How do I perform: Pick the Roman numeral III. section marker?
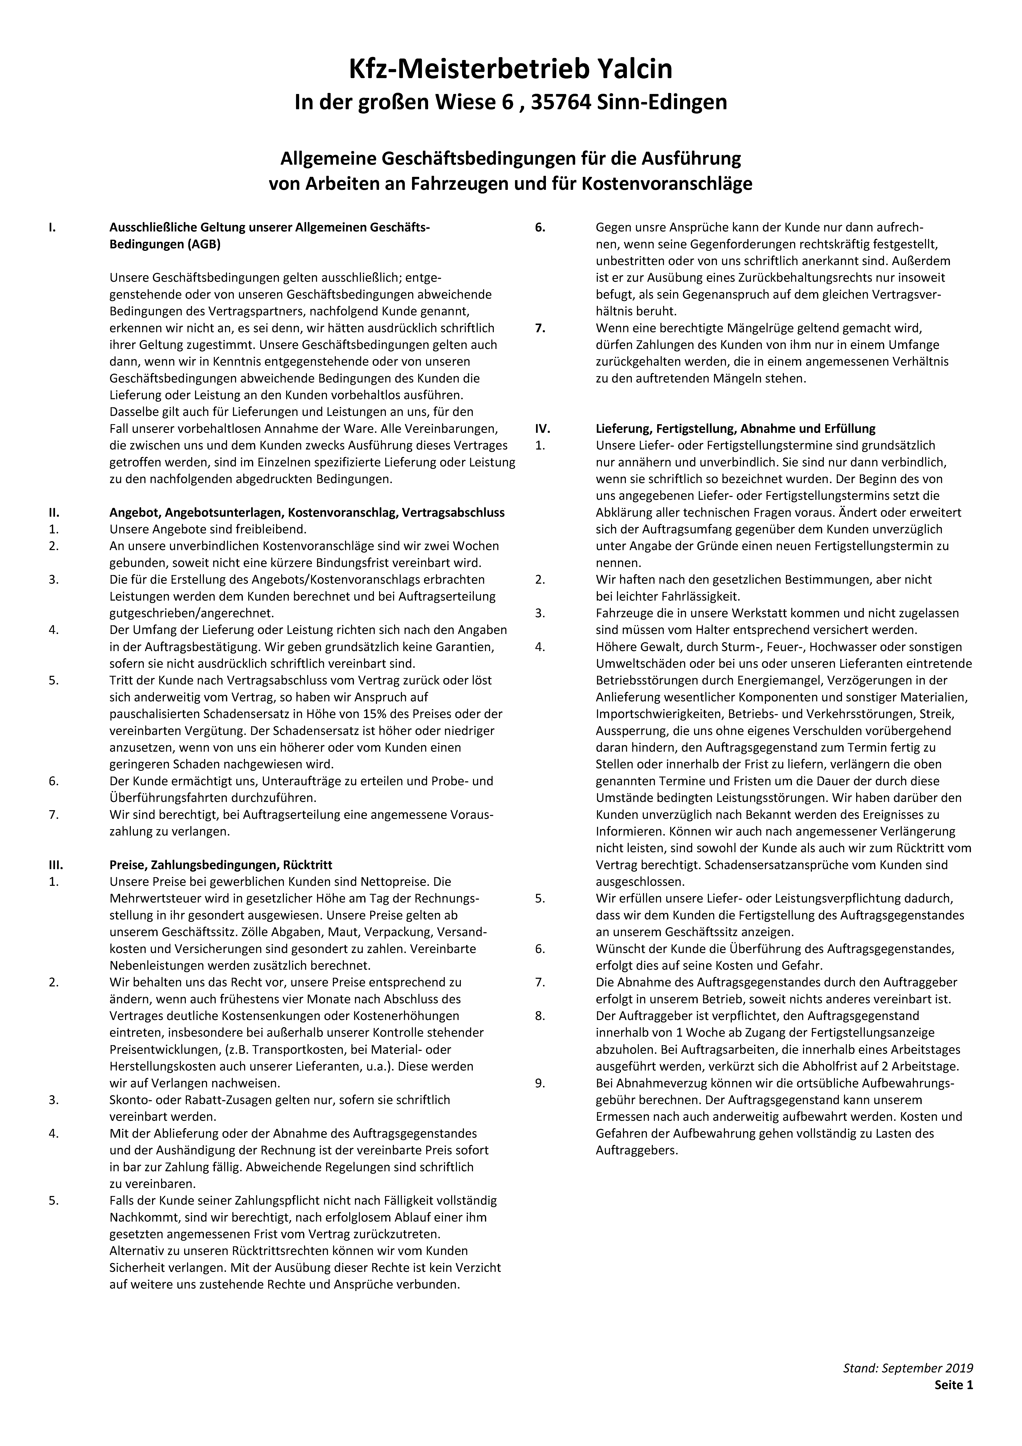coord(55,865)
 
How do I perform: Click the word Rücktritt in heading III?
coord(308,865)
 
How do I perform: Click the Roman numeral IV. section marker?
coord(542,429)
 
